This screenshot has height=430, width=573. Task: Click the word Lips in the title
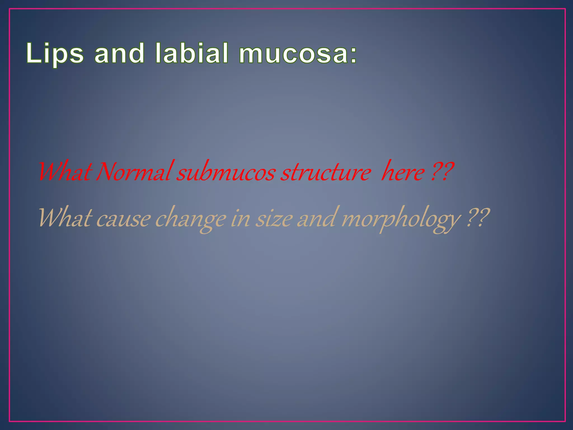point(55,53)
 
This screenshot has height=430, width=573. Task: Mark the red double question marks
point(442,171)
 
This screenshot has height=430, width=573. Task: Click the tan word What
point(65,218)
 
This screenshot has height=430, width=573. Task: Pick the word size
point(274,219)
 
